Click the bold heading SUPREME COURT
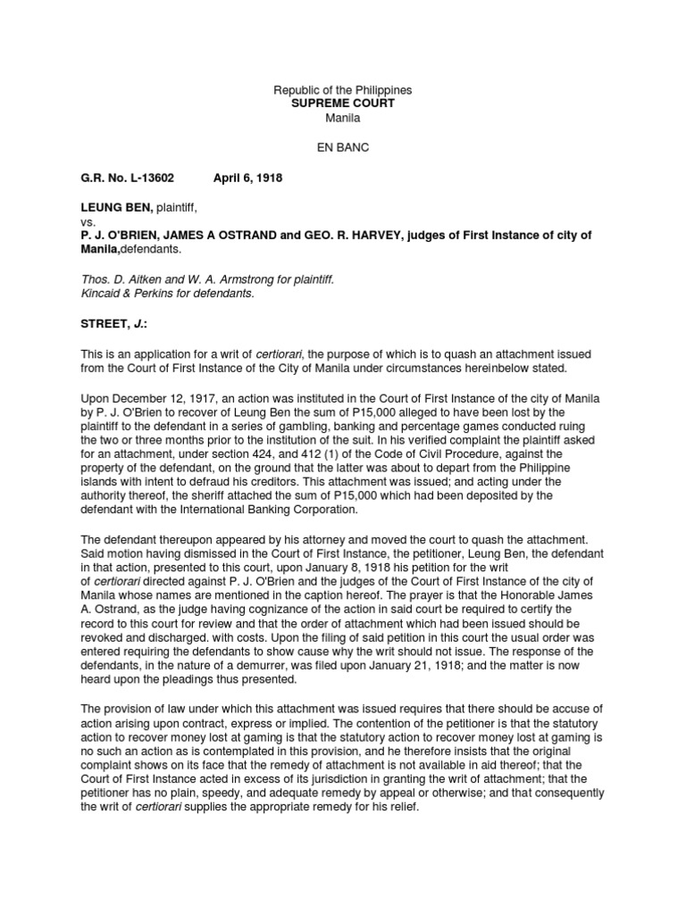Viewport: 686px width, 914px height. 342,104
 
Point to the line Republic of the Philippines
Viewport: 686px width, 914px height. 342,91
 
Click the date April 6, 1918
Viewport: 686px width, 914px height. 247,179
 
